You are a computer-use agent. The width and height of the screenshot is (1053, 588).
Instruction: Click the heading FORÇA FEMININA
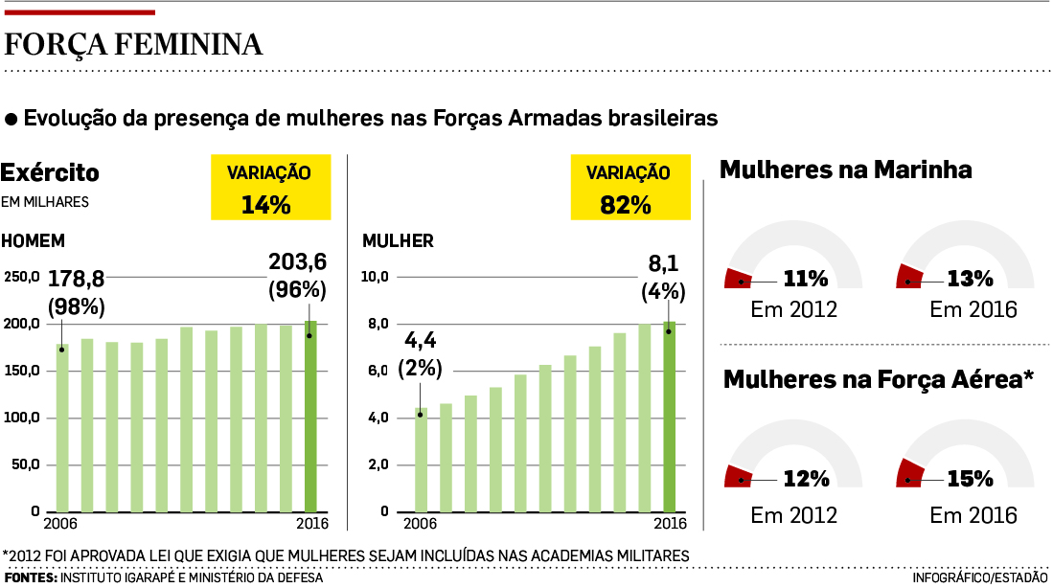tap(134, 45)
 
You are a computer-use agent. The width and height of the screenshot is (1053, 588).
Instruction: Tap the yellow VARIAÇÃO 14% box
tap(269, 189)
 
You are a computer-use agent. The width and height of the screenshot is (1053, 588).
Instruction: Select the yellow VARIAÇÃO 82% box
tap(628, 189)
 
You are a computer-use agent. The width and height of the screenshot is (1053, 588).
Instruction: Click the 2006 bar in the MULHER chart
tap(421, 460)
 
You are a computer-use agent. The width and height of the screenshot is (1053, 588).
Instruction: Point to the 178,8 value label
tap(76, 279)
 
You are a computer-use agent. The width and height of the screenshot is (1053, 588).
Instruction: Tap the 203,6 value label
tap(297, 261)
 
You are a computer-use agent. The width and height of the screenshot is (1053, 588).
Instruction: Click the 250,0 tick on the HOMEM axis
tap(21, 277)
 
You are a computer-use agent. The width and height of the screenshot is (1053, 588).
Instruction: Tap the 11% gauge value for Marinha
tap(805, 280)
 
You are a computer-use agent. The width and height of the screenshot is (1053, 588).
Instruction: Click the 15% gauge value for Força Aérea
tap(970, 479)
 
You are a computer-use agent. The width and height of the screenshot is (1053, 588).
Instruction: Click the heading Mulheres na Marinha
tap(845, 170)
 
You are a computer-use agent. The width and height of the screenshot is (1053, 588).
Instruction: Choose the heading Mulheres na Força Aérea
tap(878, 379)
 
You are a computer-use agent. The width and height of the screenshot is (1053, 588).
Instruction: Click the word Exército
tap(50, 173)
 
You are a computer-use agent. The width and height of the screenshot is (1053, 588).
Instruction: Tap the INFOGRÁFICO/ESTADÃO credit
tap(979, 578)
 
